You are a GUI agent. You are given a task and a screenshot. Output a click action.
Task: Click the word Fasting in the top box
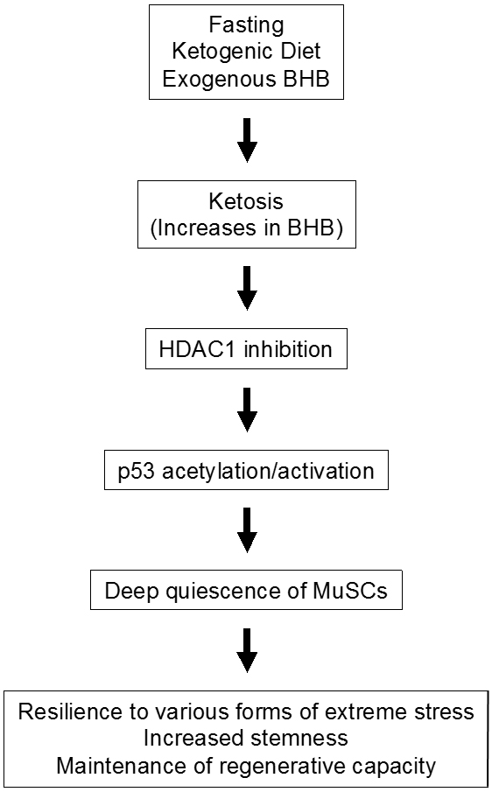coord(246,25)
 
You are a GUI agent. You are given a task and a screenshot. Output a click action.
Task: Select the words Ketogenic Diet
coord(246,51)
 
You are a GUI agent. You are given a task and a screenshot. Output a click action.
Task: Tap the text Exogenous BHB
coord(246,79)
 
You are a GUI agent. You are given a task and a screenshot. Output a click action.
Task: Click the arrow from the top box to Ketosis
coord(247,140)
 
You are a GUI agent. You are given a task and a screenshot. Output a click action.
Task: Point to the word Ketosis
coord(246,201)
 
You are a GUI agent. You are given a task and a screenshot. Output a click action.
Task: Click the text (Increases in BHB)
coord(247,228)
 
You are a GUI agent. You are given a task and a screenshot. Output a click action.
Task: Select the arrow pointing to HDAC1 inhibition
coord(247,288)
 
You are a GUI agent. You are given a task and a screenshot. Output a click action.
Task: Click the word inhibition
coord(288,349)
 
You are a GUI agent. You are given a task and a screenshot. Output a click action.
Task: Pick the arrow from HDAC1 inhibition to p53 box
coord(247,410)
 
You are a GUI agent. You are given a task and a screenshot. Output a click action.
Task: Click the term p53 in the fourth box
coord(137,472)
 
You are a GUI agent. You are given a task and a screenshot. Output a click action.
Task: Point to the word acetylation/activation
coord(268,471)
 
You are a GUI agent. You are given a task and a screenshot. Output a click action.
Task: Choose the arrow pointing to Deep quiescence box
coord(247,530)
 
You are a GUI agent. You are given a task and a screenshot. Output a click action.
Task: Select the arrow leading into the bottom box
coord(247,650)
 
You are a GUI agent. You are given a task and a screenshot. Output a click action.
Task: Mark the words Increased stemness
coord(246,739)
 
